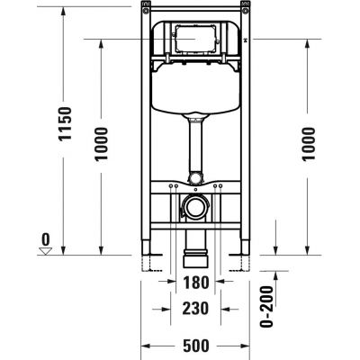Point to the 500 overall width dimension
196,346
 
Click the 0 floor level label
41,238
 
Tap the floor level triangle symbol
41,251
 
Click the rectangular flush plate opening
197,40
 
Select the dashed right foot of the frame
242,262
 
